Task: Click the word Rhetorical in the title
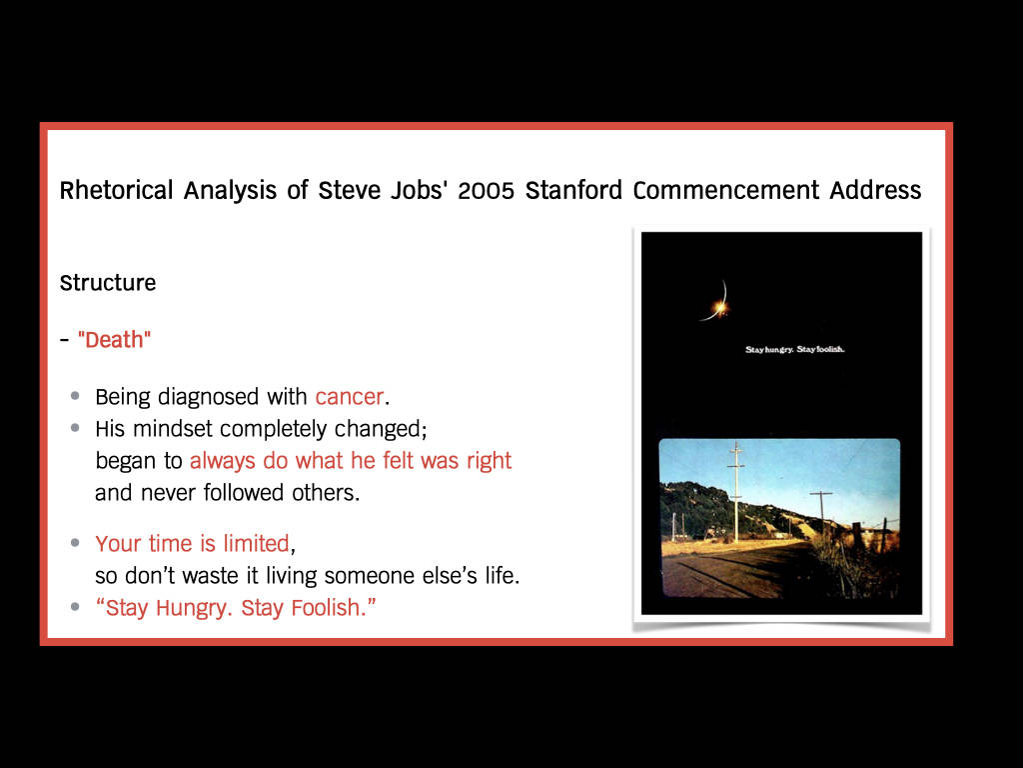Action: [116, 191]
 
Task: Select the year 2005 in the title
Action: [487, 191]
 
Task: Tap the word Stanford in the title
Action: [573, 190]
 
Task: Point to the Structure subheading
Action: [108, 283]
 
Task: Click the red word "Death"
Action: [114, 340]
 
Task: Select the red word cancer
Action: [349, 397]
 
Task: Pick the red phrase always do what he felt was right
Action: [351, 460]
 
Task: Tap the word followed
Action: [244, 492]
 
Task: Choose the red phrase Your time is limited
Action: [192, 543]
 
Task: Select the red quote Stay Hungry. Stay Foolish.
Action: [236, 607]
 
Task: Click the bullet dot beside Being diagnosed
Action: [75, 396]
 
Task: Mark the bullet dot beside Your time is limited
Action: [75, 543]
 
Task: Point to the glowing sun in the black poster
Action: [719, 307]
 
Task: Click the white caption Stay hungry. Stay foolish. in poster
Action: [794, 349]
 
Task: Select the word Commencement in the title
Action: [725, 190]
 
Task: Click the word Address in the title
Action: [875, 190]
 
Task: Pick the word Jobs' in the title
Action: [419, 190]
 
